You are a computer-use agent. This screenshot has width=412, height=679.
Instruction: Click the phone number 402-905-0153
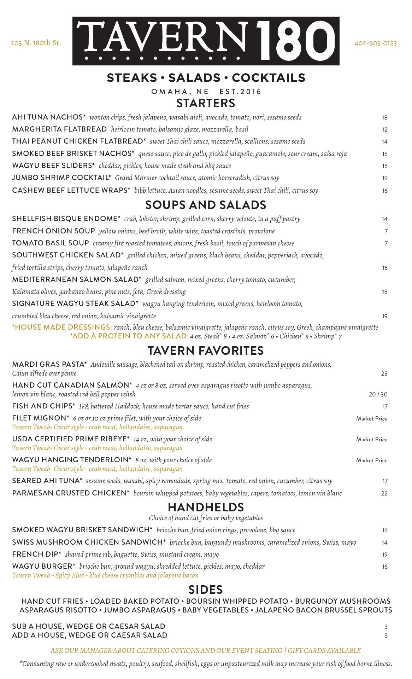pos(375,43)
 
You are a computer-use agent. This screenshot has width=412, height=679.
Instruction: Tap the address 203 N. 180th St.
pos(36,43)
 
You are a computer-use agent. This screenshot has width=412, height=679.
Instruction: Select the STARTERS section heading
pos(206,103)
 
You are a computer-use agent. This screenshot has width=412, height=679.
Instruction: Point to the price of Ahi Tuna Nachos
pos(384,118)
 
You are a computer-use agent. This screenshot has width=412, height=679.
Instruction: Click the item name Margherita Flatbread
pos(59,129)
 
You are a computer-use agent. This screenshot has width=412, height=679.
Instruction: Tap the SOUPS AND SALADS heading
pos(206,205)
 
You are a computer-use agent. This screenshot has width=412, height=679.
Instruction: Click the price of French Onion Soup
pos(386,232)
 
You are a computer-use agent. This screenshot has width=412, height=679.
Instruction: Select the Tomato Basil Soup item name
pos(51,243)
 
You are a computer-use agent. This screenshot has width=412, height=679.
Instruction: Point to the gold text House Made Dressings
pos(62,327)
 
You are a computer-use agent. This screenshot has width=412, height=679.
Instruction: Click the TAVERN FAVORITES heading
pos(206,351)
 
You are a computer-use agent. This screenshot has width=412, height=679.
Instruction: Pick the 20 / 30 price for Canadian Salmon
pos(378,395)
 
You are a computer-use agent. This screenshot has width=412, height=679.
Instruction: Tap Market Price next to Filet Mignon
pos(372,419)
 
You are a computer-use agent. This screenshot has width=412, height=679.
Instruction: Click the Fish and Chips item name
pos(43,406)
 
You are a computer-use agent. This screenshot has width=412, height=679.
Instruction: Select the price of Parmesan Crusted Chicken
pos(384,494)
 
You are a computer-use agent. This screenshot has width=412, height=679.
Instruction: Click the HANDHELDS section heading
pos(206,507)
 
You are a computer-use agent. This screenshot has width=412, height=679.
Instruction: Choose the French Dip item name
pos(37,555)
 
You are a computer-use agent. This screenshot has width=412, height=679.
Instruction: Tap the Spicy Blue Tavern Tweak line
pos(105,575)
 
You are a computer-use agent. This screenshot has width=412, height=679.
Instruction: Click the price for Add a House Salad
pos(386,636)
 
